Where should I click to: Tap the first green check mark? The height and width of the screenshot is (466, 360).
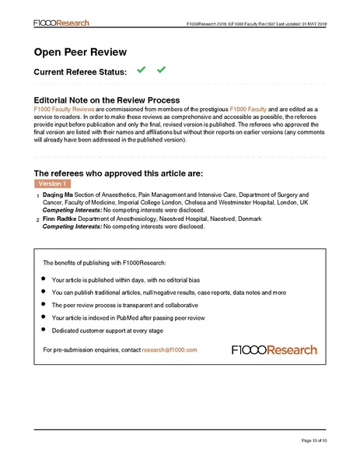pyautogui.click(x=141, y=71)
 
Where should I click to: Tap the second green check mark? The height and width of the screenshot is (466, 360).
pyautogui.click(x=162, y=71)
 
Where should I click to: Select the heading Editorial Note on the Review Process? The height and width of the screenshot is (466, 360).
pyautogui.click(x=107, y=100)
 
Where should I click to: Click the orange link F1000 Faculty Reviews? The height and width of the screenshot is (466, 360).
pyautogui.click(x=65, y=110)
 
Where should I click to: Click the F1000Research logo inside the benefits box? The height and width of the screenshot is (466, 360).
pyautogui.click(x=274, y=350)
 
